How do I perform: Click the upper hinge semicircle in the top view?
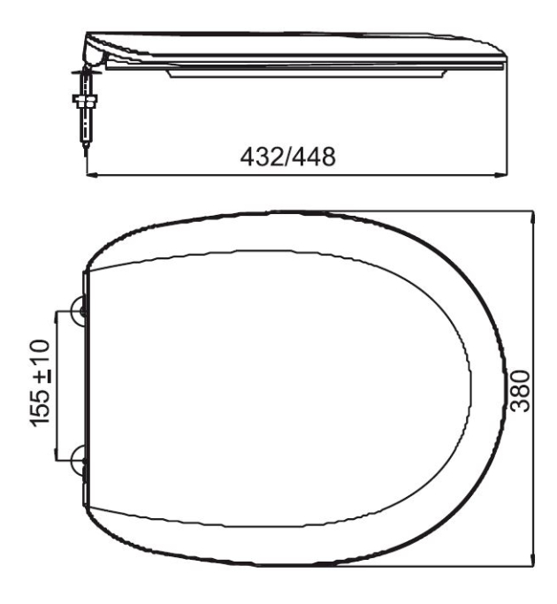point(79,311)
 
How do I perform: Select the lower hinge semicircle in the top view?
point(79,458)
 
